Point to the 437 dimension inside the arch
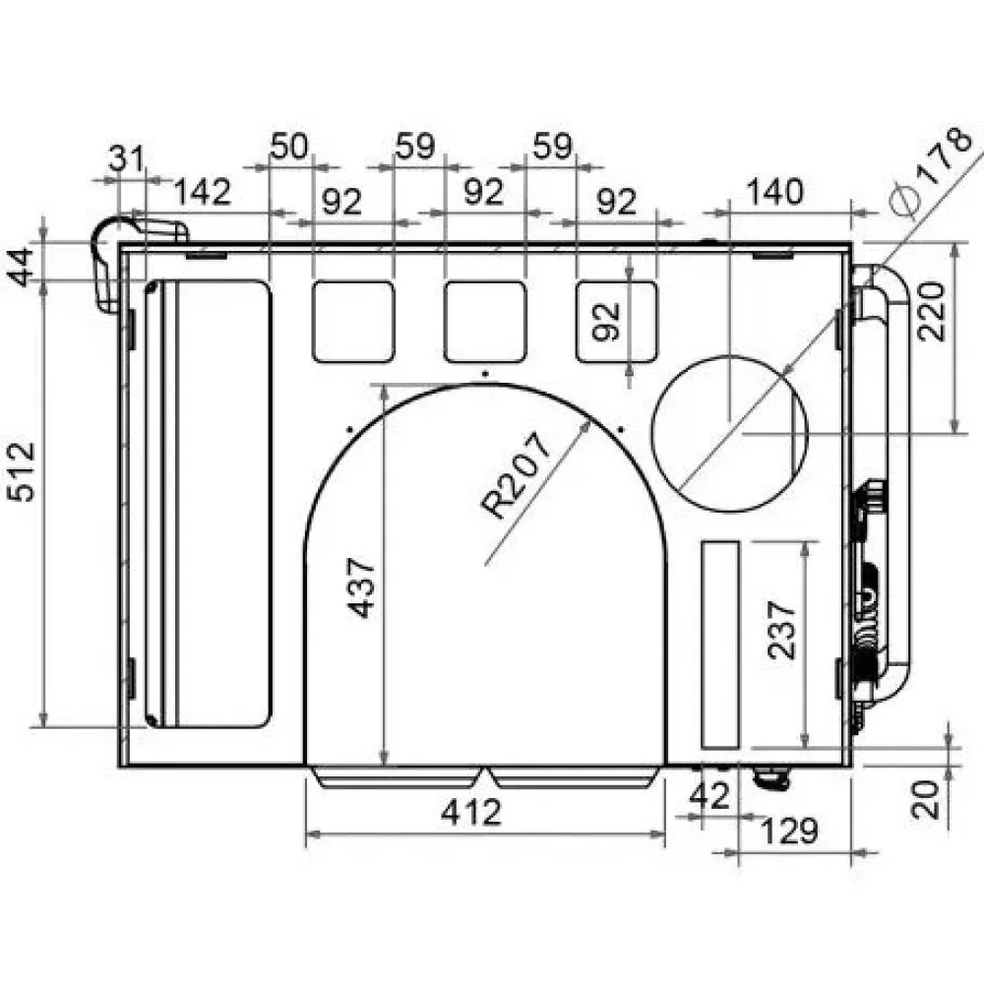click(362, 587)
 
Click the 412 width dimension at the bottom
click(470, 813)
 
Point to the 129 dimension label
click(789, 831)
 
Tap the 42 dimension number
click(710, 795)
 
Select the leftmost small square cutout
click(353, 320)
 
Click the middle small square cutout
click(484, 321)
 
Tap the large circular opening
click(729, 433)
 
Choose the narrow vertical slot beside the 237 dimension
click(719, 644)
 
